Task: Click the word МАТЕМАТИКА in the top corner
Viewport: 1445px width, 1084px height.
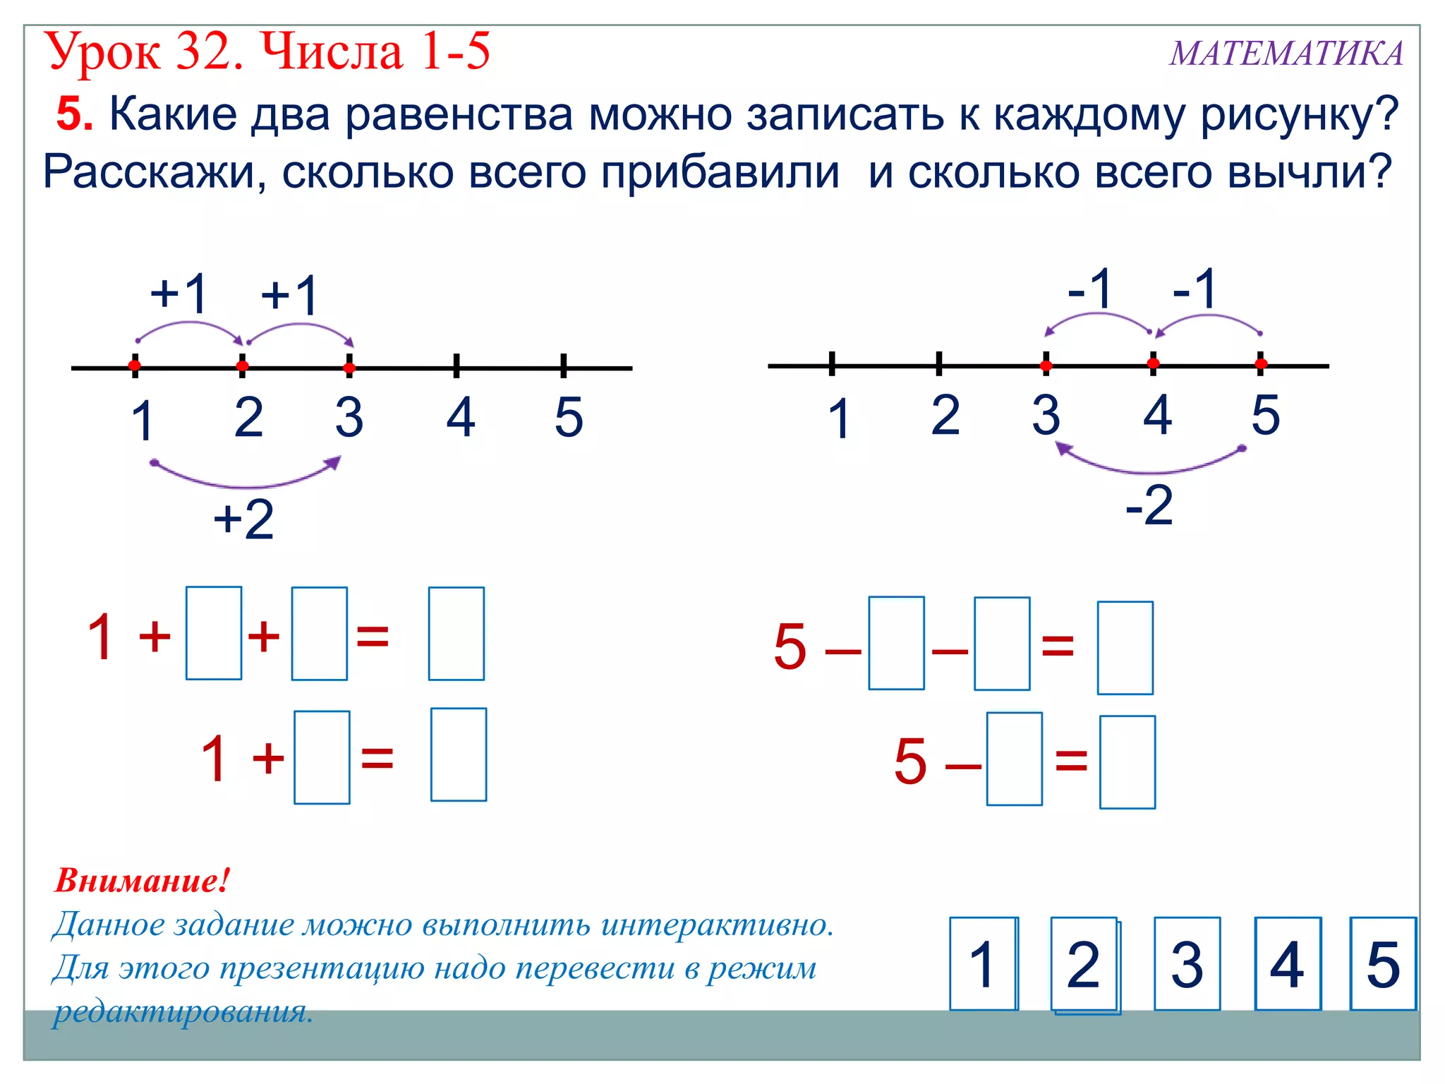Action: pyautogui.click(x=1286, y=54)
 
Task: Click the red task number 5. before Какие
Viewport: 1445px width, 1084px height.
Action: pyautogui.click(x=74, y=114)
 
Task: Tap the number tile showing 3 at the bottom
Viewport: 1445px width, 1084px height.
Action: pyautogui.click(x=1187, y=964)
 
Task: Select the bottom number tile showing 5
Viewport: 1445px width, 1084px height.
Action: pyautogui.click(x=1382, y=964)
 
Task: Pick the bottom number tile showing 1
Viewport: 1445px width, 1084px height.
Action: pyautogui.click(x=982, y=964)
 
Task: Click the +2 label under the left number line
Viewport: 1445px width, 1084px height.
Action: pyautogui.click(x=243, y=519)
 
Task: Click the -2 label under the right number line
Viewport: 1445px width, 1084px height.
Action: pyautogui.click(x=1149, y=505)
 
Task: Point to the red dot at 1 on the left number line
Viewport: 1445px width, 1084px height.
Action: pyautogui.click(x=135, y=366)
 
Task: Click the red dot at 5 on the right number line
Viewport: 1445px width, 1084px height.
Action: pyautogui.click(x=1261, y=364)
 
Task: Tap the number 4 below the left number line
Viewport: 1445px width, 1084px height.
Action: pyautogui.click(x=460, y=417)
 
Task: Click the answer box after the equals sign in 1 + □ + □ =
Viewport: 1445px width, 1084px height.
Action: pyautogui.click(x=456, y=634)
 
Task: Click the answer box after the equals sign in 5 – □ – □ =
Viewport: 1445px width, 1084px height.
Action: pyautogui.click(x=1125, y=648)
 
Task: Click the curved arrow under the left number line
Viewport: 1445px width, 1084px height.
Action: pyautogui.click(x=247, y=483)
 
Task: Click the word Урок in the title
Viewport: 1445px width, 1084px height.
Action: pyautogui.click(x=103, y=52)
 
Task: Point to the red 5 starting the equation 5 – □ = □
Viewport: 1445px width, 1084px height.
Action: pyautogui.click(x=909, y=761)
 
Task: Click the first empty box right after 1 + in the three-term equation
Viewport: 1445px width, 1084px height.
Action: pyautogui.click(x=213, y=633)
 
